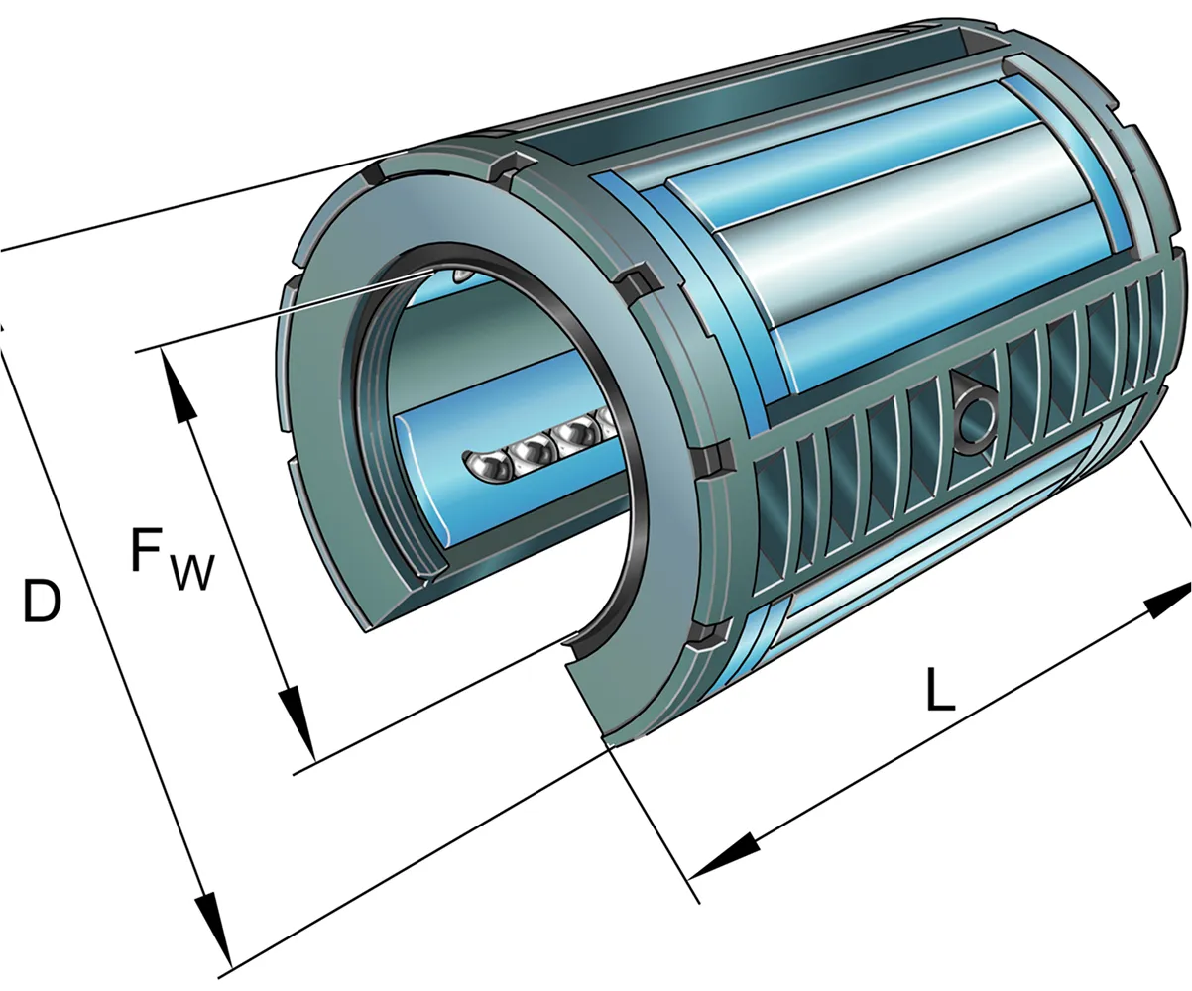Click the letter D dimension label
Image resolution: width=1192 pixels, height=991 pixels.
(x=42, y=601)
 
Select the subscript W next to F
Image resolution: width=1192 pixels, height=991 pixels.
(x=193, y=571)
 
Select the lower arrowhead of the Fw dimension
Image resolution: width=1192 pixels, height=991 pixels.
(x=297, y=723)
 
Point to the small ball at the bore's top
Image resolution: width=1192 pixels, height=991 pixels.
(x=462, y=275)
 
